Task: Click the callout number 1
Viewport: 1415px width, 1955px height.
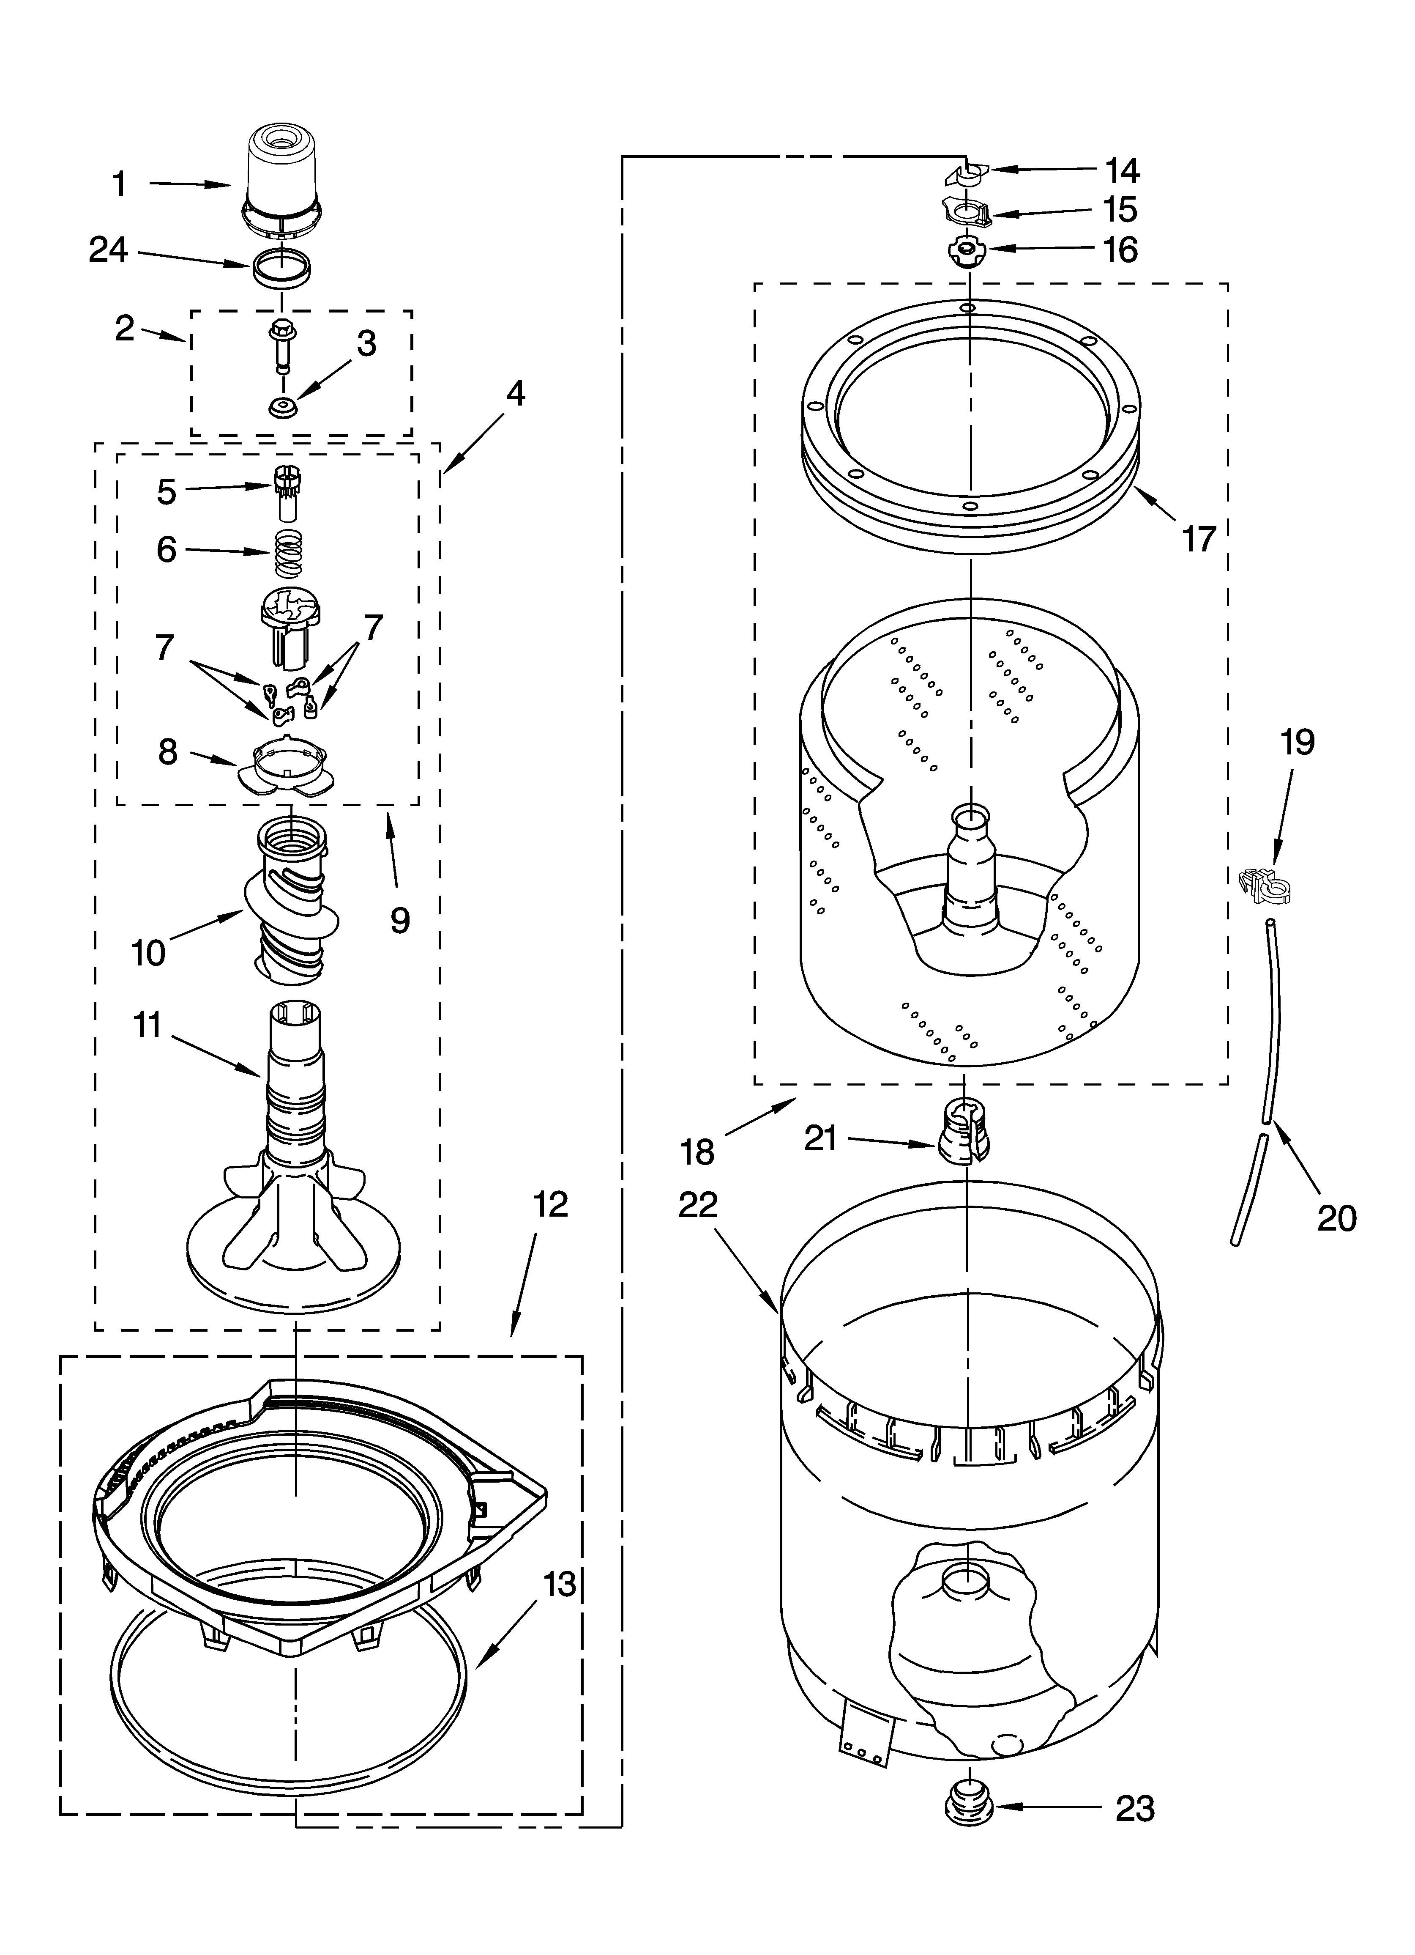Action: pyautogui.click(x=120, y=184)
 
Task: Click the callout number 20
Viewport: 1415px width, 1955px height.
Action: pyautogui.click(x=1336, y=1218)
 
